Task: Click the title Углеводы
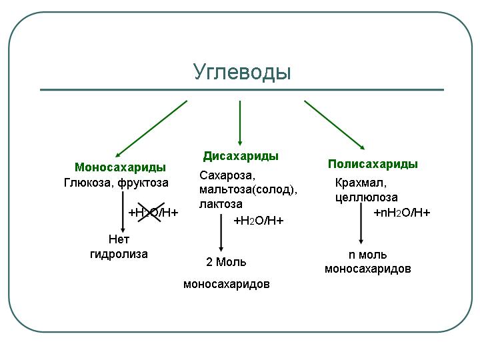242,71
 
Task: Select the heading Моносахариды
120,167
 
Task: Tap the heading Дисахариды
241,156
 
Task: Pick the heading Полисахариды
373,164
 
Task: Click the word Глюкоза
89,182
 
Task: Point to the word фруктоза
143,182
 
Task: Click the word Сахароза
227,176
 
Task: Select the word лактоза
221,204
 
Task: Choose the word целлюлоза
366,197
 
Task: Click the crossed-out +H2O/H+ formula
153,213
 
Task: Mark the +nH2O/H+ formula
401,213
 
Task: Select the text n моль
367,255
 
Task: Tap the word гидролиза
119,254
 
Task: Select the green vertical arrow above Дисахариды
240,121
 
